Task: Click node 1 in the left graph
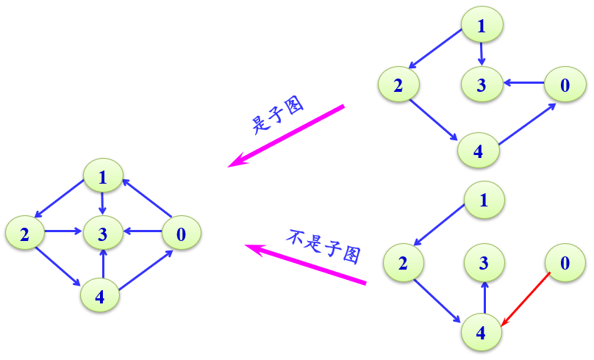tap(102, 177)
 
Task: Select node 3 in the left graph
tap(102, 234)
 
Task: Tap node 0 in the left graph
tap(181, 234)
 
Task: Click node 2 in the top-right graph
tap(398, 84)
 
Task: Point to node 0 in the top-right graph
tap(565, 84)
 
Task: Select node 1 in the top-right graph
tap(482, 27)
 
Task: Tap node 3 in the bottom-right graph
tap(484, 263)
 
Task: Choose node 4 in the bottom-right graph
tap(481, 332)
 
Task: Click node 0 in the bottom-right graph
tap(565, 263)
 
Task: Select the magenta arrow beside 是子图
tap(287, 137)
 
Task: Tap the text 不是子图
tap(323, 244)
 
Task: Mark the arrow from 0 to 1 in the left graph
tap(146, 198)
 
